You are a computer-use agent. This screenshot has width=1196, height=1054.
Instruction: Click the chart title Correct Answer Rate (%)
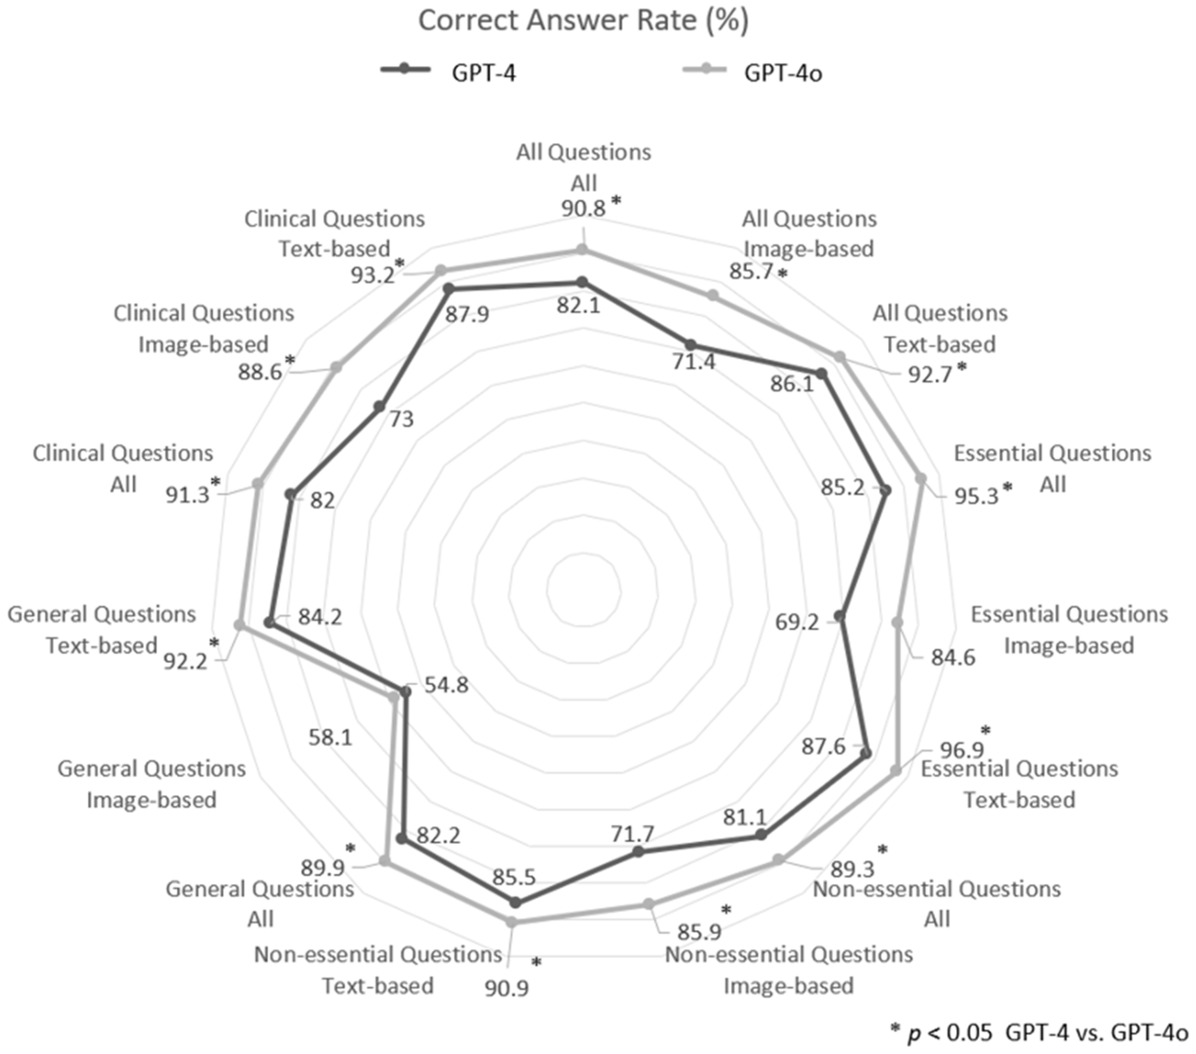[583, 21]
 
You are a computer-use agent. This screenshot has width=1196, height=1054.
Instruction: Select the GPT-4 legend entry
[449, 73]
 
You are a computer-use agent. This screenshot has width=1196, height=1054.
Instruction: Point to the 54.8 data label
[446, 685]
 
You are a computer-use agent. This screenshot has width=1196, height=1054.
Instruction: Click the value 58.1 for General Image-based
[330, 737]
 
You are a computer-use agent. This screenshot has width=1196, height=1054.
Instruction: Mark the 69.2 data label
[797, 622]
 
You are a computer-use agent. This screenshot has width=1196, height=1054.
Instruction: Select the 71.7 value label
[632, 833]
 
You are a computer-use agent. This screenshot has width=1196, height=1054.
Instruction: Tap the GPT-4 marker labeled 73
[379, 407]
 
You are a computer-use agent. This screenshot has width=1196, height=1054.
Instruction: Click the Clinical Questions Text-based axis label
[334, 233]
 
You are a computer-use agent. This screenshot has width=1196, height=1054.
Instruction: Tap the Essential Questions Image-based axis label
[1069, 630]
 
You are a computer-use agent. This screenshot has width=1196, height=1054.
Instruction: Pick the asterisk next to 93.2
[399, 263]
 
